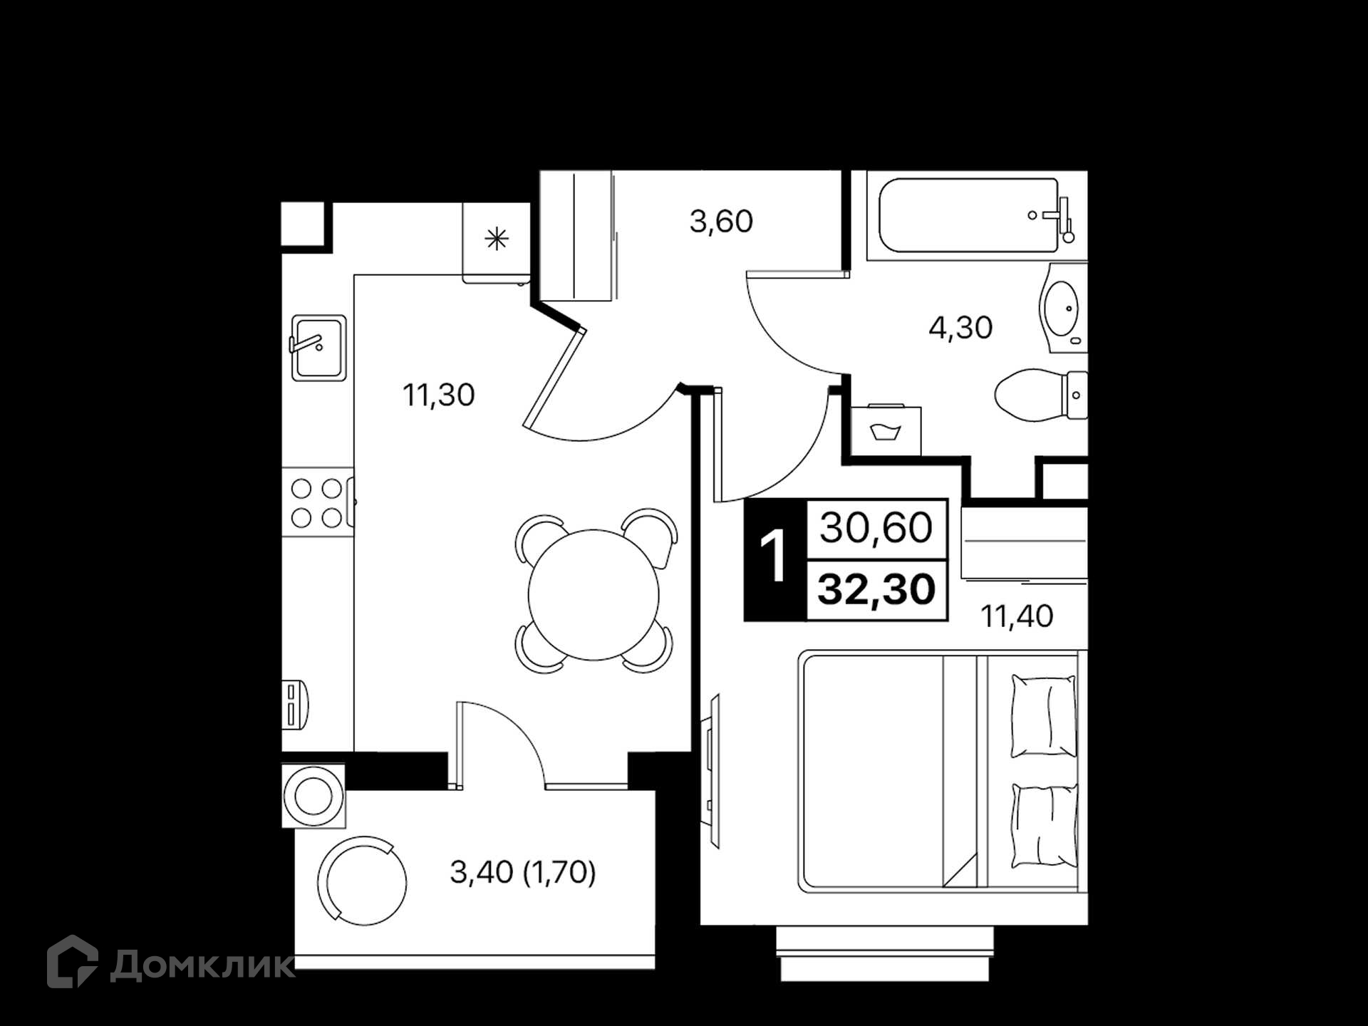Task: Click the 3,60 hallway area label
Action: click(721, 222)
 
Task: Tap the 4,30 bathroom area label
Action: click(960, 328)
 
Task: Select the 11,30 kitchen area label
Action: click(438, 395)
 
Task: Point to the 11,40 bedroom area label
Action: click(1017, 616)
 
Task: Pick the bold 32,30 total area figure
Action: click(876, 590)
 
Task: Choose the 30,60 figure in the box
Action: click(876, 528)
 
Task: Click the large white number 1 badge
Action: click(773, 556)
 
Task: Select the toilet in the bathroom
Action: click(1041, 395)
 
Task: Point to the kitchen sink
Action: click(318, 348)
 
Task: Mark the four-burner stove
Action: click(317, 502)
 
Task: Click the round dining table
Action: click(594, 595)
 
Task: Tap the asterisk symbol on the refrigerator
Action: click(497, 239)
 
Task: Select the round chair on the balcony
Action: click(363, 881)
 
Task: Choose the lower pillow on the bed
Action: click(1044, 826)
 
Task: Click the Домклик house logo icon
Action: click(72, 961)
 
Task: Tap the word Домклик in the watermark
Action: click(202, 966)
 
